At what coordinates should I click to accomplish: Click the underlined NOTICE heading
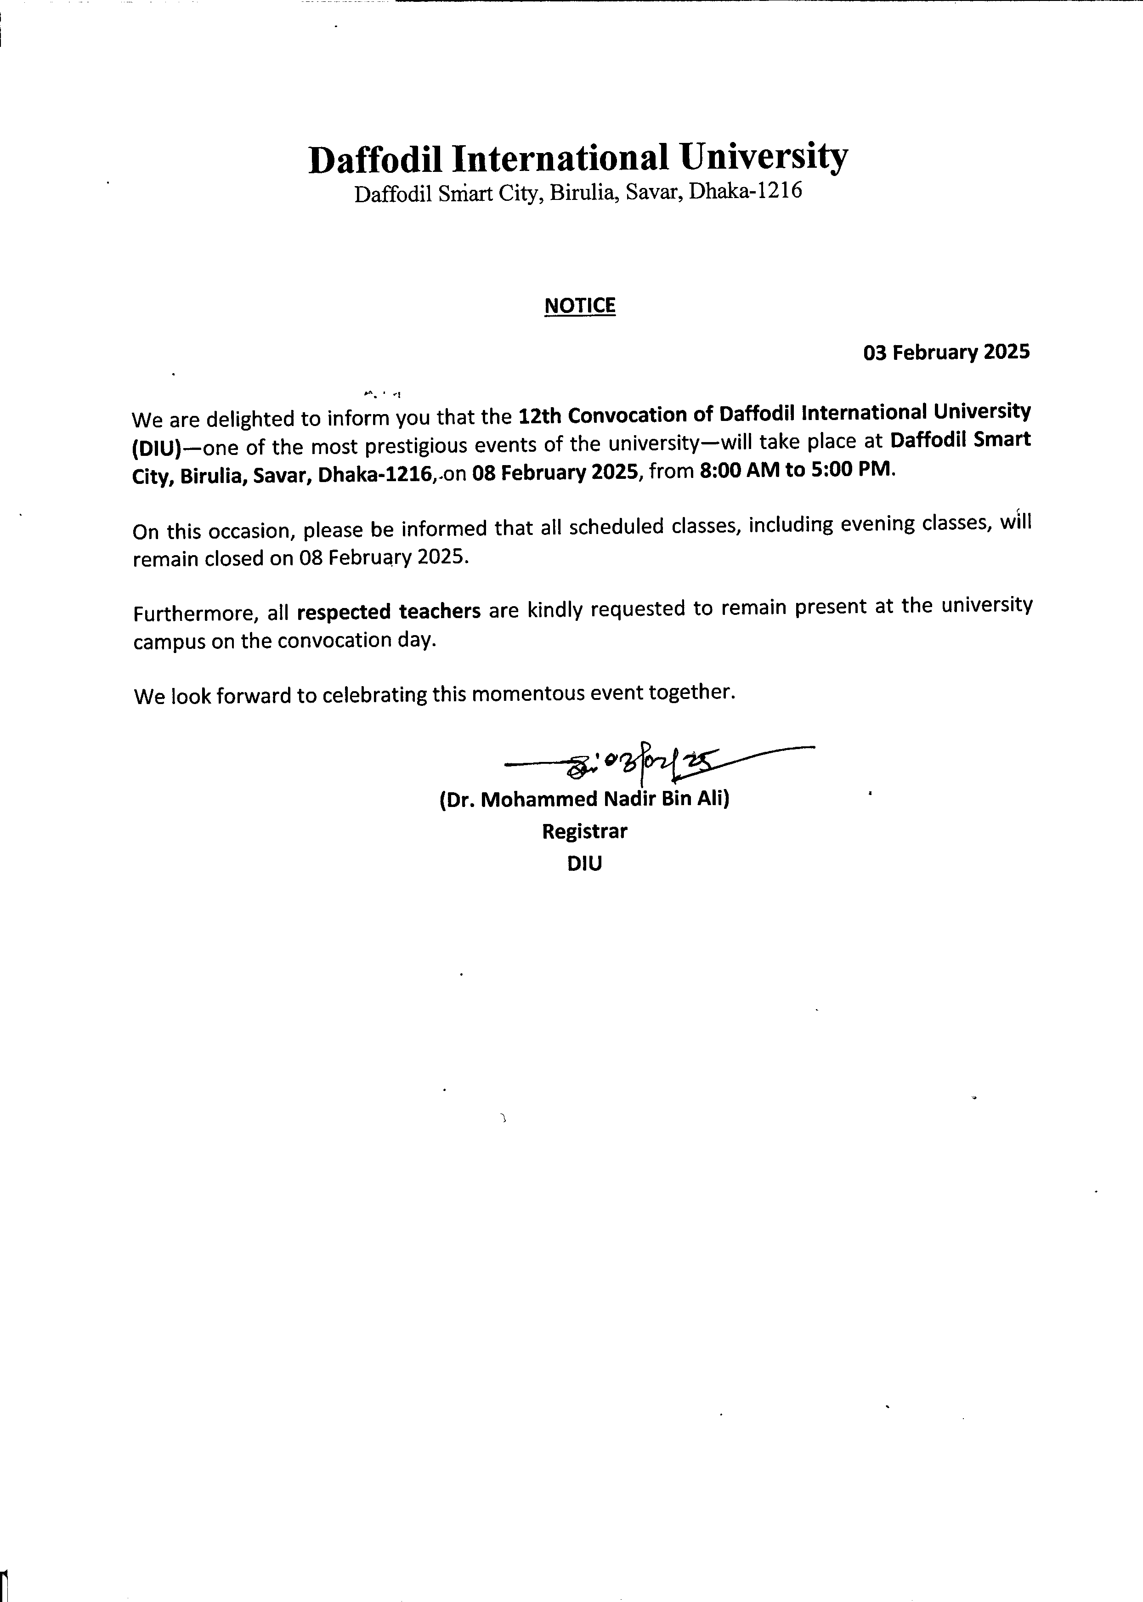pos(580,306)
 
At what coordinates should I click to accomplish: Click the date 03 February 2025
pos(946,352)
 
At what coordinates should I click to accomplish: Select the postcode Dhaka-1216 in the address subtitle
pos(745,192)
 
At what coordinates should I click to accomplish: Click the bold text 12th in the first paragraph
pos(539,415)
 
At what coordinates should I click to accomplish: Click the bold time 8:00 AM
pos(740,470)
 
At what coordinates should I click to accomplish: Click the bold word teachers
pos(439,611)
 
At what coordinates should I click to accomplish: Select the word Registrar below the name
pos(584,831)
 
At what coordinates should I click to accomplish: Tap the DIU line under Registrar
pos(584,863)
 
